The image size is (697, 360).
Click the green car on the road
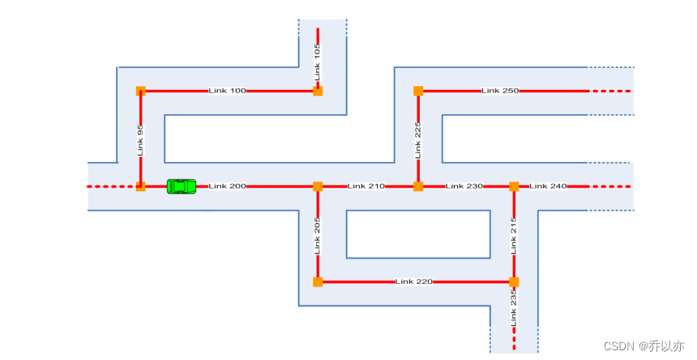pos(182,186)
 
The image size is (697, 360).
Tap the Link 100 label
pos(227,91)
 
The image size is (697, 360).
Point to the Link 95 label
pos(140,139)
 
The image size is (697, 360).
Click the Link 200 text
pos(227,186)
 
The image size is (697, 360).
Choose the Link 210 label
pos(366,186)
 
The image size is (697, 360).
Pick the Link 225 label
pos(418,139)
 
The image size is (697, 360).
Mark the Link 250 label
pos(500,91)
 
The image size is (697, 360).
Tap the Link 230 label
pos(464,186)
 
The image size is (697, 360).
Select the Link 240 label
pos(549,186)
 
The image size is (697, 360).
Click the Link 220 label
pos(414,282)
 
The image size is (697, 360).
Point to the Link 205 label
pos(318,235)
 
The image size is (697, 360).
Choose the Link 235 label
pos(514,308)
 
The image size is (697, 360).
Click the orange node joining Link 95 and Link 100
pos(140,91)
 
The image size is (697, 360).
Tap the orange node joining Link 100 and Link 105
pos(318,91)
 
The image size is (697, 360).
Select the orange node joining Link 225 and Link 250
pos(418,91)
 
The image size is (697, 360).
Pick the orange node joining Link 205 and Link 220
pos(318,282)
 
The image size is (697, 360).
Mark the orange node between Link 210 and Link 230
pos(418,186)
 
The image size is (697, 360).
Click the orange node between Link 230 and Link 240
pos(514,186)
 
